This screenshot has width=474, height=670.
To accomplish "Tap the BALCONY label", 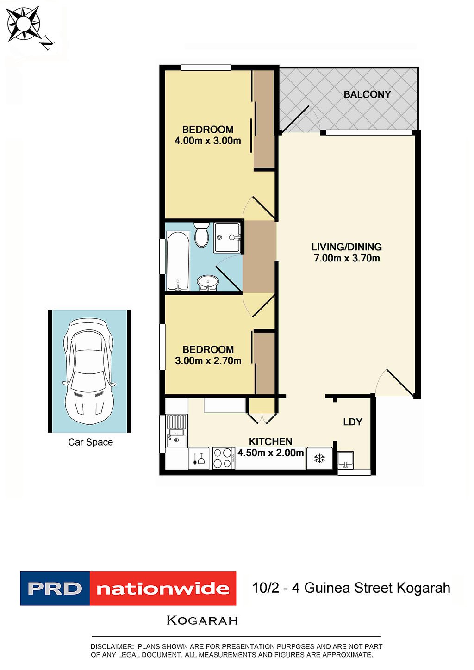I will click(x=367, y=94).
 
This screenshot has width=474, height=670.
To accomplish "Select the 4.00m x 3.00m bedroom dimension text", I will click(x=208, y=141).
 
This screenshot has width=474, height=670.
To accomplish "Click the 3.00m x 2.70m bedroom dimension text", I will click(x=208, y=360).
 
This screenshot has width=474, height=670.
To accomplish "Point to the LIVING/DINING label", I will click(x=347, y=247).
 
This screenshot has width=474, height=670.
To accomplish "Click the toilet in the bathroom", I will click(x=201, y=235).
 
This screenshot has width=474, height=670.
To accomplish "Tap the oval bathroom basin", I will click(x=208, y=282).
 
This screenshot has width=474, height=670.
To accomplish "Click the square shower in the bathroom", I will click(x=227, y=237).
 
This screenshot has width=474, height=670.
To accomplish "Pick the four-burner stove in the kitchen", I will click(x=223, y=458).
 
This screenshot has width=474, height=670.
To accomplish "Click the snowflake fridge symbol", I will click(x=319, y=458).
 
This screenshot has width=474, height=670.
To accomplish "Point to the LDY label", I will click(x=353, y=422).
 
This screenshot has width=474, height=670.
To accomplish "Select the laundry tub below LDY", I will click(x=345, y=460).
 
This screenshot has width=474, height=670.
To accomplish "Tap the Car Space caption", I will click(x=90, y=442).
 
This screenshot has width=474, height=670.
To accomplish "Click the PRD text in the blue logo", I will click(x=55, y=589).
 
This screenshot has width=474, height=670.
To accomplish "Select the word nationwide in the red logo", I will click(x=163, y=589).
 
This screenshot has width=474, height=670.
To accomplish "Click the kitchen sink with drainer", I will click(x=176, y=430).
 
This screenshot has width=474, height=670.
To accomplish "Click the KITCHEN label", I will click(x=271, y=441).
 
